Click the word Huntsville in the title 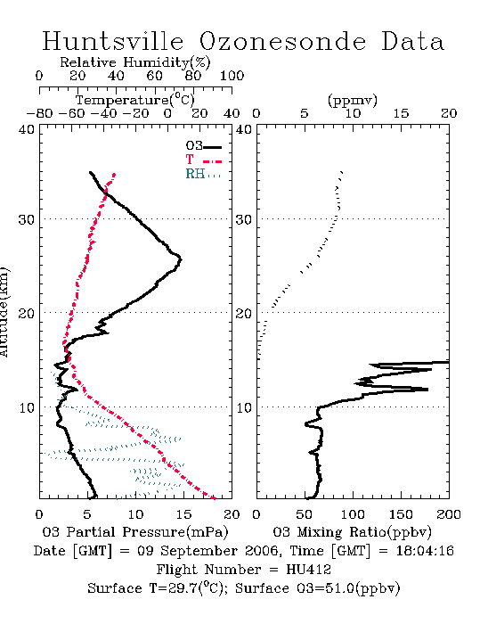[113, 41]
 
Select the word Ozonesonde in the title [281, 41]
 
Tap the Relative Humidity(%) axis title [135, 62]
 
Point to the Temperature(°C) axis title [135, 100]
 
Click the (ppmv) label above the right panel [353, 100]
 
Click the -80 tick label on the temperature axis [39, 113]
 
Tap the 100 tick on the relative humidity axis [232, 76]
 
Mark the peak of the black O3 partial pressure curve [181, 260]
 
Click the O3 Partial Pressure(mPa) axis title [135, 532]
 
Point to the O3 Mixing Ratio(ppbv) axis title [352, 532]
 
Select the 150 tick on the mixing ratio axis [401, 514]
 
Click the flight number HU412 [308, 570]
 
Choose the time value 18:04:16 [425, 551]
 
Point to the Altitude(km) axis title [4, 312]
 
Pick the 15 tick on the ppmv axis [401, 113]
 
